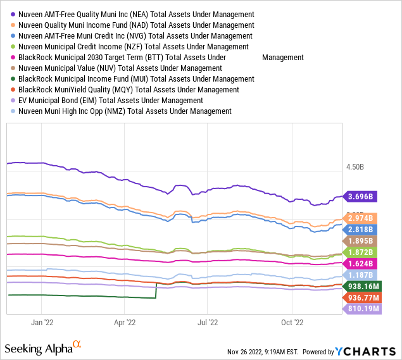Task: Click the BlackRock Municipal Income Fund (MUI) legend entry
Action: coord(133,79)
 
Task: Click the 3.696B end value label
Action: coord(360,196)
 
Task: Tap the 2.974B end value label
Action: coord(360,218)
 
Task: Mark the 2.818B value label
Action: coord(360,229)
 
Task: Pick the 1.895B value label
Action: coord(360,241)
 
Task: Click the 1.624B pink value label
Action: coord(360,263)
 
